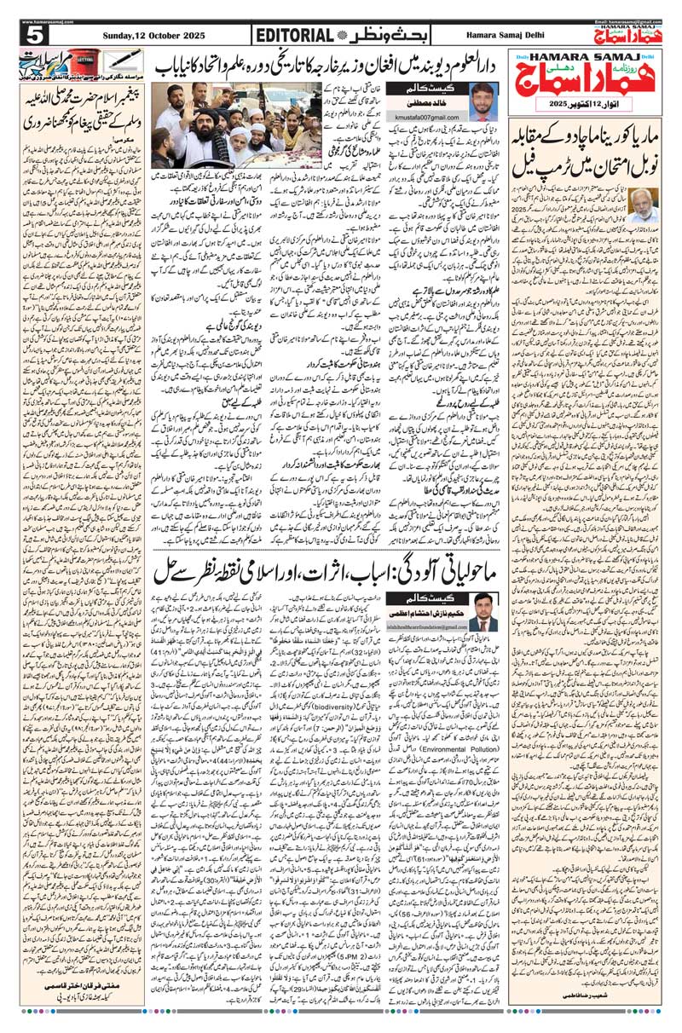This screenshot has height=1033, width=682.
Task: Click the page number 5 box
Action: click(x=36, y=35)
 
